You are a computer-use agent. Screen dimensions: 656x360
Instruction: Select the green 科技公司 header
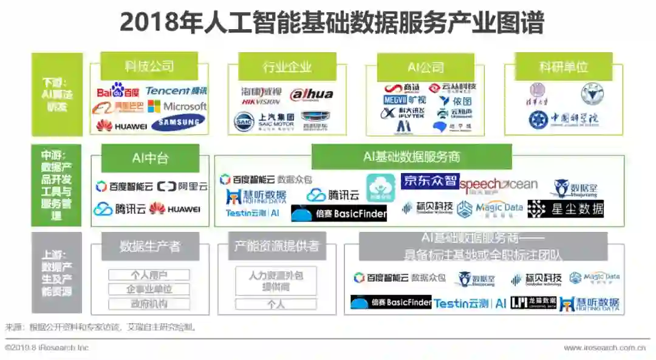(149, 66)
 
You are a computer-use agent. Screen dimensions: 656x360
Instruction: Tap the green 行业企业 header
(287, 67)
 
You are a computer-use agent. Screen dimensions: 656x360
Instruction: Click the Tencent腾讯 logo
(176, 91)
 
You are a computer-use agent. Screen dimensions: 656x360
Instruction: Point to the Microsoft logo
(177, 106)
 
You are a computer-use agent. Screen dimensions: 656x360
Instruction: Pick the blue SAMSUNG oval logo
(178, 123)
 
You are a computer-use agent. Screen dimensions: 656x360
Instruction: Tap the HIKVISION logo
(261, 97)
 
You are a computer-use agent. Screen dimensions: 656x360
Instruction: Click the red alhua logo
(312, 94)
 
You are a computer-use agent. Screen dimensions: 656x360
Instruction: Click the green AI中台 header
(150, 158)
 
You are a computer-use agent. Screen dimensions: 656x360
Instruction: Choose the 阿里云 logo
(182, 187)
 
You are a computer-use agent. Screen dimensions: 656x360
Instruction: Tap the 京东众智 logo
(429, 181)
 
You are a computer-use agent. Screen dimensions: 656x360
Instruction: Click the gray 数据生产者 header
(149, 246)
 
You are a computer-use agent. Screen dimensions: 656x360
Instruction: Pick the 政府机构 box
(149, 304)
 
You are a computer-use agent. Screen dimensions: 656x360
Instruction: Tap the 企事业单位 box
(149, 290)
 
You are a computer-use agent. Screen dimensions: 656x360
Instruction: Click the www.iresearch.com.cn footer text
(604, 348)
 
